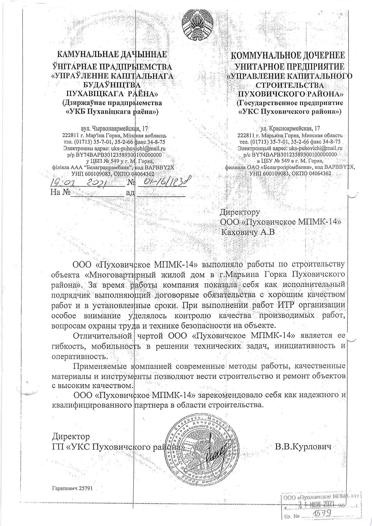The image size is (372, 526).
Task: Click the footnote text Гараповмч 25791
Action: click(73, 488)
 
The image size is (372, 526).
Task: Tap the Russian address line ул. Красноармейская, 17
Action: click(290, 129)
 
